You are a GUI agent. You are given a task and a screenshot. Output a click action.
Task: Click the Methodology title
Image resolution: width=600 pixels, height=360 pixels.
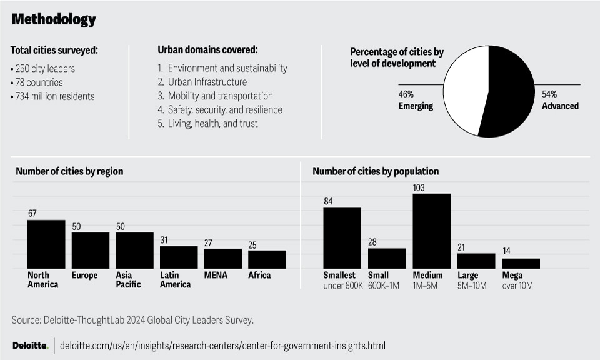point(54,19)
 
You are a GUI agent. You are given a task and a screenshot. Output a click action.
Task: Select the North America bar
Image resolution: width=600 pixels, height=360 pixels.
point(46,244)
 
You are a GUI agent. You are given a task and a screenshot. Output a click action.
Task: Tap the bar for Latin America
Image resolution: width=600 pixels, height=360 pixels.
point(179,257)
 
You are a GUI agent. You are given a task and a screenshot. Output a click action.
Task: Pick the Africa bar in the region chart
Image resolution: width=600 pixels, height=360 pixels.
point(267,259)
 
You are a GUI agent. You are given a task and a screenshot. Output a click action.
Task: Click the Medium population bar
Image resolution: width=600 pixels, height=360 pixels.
point(431,231)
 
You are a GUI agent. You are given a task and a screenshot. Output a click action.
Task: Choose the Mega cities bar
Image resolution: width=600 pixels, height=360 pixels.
point(521,263)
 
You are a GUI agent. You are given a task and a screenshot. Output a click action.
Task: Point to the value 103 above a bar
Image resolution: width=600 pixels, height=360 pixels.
point(419,187)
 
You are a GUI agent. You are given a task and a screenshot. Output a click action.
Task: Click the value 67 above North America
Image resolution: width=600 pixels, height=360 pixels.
point(32,214)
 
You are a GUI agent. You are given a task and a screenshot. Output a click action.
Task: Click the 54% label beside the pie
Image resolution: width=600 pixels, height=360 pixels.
point(549,94)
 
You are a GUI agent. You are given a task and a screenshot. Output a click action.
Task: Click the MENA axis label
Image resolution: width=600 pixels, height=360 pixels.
point(215,275)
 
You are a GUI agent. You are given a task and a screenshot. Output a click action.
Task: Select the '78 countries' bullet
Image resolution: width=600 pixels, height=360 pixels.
point(37,82)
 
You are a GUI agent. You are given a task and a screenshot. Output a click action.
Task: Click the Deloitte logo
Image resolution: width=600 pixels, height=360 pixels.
point(30,346)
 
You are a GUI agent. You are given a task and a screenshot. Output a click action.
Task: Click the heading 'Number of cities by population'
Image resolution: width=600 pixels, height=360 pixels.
point(376,171)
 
